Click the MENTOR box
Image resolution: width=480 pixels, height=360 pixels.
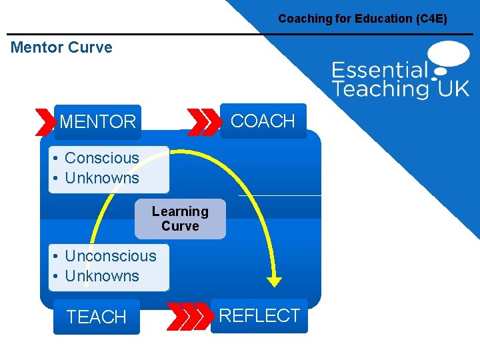point(97,122)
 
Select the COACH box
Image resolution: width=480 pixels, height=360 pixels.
point(263,121)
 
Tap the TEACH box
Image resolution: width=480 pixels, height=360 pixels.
point(97,317)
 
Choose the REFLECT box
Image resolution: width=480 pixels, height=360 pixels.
point(259,315)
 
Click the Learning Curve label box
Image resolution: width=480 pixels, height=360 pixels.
point(180,219)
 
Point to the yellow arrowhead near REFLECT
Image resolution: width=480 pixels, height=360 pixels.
point(274,281)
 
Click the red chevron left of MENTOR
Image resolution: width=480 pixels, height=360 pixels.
point(45,122)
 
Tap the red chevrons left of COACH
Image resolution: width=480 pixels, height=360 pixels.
point(203,121)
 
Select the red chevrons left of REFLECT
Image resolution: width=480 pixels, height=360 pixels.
point(188,316)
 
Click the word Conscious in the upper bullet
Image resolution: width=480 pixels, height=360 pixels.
point(101,158)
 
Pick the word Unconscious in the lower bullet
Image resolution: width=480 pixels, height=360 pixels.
point(110,256)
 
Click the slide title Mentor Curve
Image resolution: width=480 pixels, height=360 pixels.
point(61,47)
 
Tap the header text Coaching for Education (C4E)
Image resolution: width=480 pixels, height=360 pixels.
point(363,19)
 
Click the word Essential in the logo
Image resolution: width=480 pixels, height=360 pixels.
point(379,70)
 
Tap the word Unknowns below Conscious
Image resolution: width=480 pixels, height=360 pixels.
point(101,178)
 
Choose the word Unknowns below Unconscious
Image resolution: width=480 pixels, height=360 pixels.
point(101,276)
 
